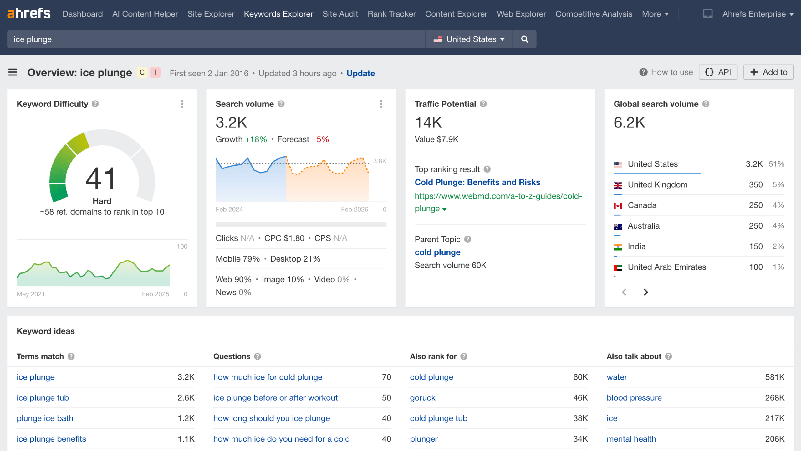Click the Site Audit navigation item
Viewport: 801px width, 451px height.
pyautogui.click(x=340, y=14)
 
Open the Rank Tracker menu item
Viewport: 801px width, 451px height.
pyautogui.click(x=391, y=14)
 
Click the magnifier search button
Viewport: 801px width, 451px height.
pyautogui.click(x=525, y=39)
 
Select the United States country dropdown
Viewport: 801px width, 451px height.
pyautogui.click(x=469, y=39)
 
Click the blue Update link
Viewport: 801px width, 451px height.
pyautogui.click(x=360, y=73)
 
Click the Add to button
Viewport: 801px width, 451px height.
pyautogui.click(x=768, y=72)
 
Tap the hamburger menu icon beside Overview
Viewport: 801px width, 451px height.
pyautogui.click(x=13, y=72)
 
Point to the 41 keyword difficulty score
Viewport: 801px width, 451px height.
pyautogui.click(x=101, y=178)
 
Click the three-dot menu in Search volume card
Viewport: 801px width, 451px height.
pyautogui.click(x=381, y=104)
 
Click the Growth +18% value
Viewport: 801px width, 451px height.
pyautogui.click(x=256, y=139)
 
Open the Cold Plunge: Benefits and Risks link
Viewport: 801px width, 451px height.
pyautogui.click(x=477, y=182)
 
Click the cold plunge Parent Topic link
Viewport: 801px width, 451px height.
pyautogui.click(x=437, y=252)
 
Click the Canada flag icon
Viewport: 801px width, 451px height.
pyautogui.click(x=618, y=206)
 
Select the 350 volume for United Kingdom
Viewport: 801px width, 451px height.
pyautogui.click(x=756, y=185)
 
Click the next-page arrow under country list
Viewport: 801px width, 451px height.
pyautogui.click(x=646, y=292)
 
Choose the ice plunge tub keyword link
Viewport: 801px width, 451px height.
pyautogui.click(x=43, y=398)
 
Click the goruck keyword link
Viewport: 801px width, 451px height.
pyautogui.click(x=422, y=398)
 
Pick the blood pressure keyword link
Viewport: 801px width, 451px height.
pyautogui.click(x=634, y=398)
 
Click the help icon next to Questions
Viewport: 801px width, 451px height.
pyautogui.click(x=258, y=356)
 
